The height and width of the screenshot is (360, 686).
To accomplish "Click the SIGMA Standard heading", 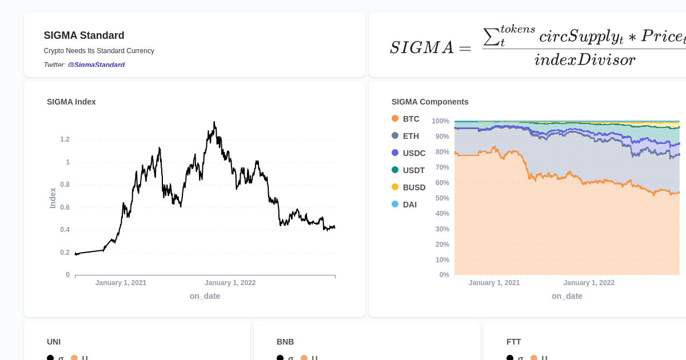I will (x=84, y=35).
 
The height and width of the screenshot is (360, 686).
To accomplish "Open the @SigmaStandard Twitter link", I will (x=96, y=65).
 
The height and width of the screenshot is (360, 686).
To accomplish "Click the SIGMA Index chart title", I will (x=71, y=102).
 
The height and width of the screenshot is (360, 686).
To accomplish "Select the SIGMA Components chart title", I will (x=430, y=102).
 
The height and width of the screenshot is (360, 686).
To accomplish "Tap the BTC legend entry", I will (x=410, y=119).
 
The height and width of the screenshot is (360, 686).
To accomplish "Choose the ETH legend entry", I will (x=410, y=136).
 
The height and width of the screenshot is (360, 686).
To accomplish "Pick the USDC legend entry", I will (x=414, y=153).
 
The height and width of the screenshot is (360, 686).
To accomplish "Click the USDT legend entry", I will (x=413, y=170).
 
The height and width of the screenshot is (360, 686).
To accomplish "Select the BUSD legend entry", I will (x=414, y=187).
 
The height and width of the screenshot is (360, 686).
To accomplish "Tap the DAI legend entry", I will (x=409, y=205).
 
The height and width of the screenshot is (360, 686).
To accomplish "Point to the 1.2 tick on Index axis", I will (x=65, y=139).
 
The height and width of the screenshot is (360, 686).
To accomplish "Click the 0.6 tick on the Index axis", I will (x=65, y=207).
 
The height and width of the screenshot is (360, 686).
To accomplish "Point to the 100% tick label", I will (x=440, y=121).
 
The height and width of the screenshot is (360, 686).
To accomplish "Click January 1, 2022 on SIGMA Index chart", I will (x=230, y=283).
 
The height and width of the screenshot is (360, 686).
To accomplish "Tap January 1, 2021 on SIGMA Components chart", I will (x=494, y=283).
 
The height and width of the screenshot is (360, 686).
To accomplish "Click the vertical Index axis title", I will (x=53, y=198).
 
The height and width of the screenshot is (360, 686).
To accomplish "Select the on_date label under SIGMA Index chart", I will (x=205, y=296).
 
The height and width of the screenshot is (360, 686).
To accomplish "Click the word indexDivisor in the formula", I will (x=584, y=59).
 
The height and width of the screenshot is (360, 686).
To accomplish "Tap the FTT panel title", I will (x=513, y=342).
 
